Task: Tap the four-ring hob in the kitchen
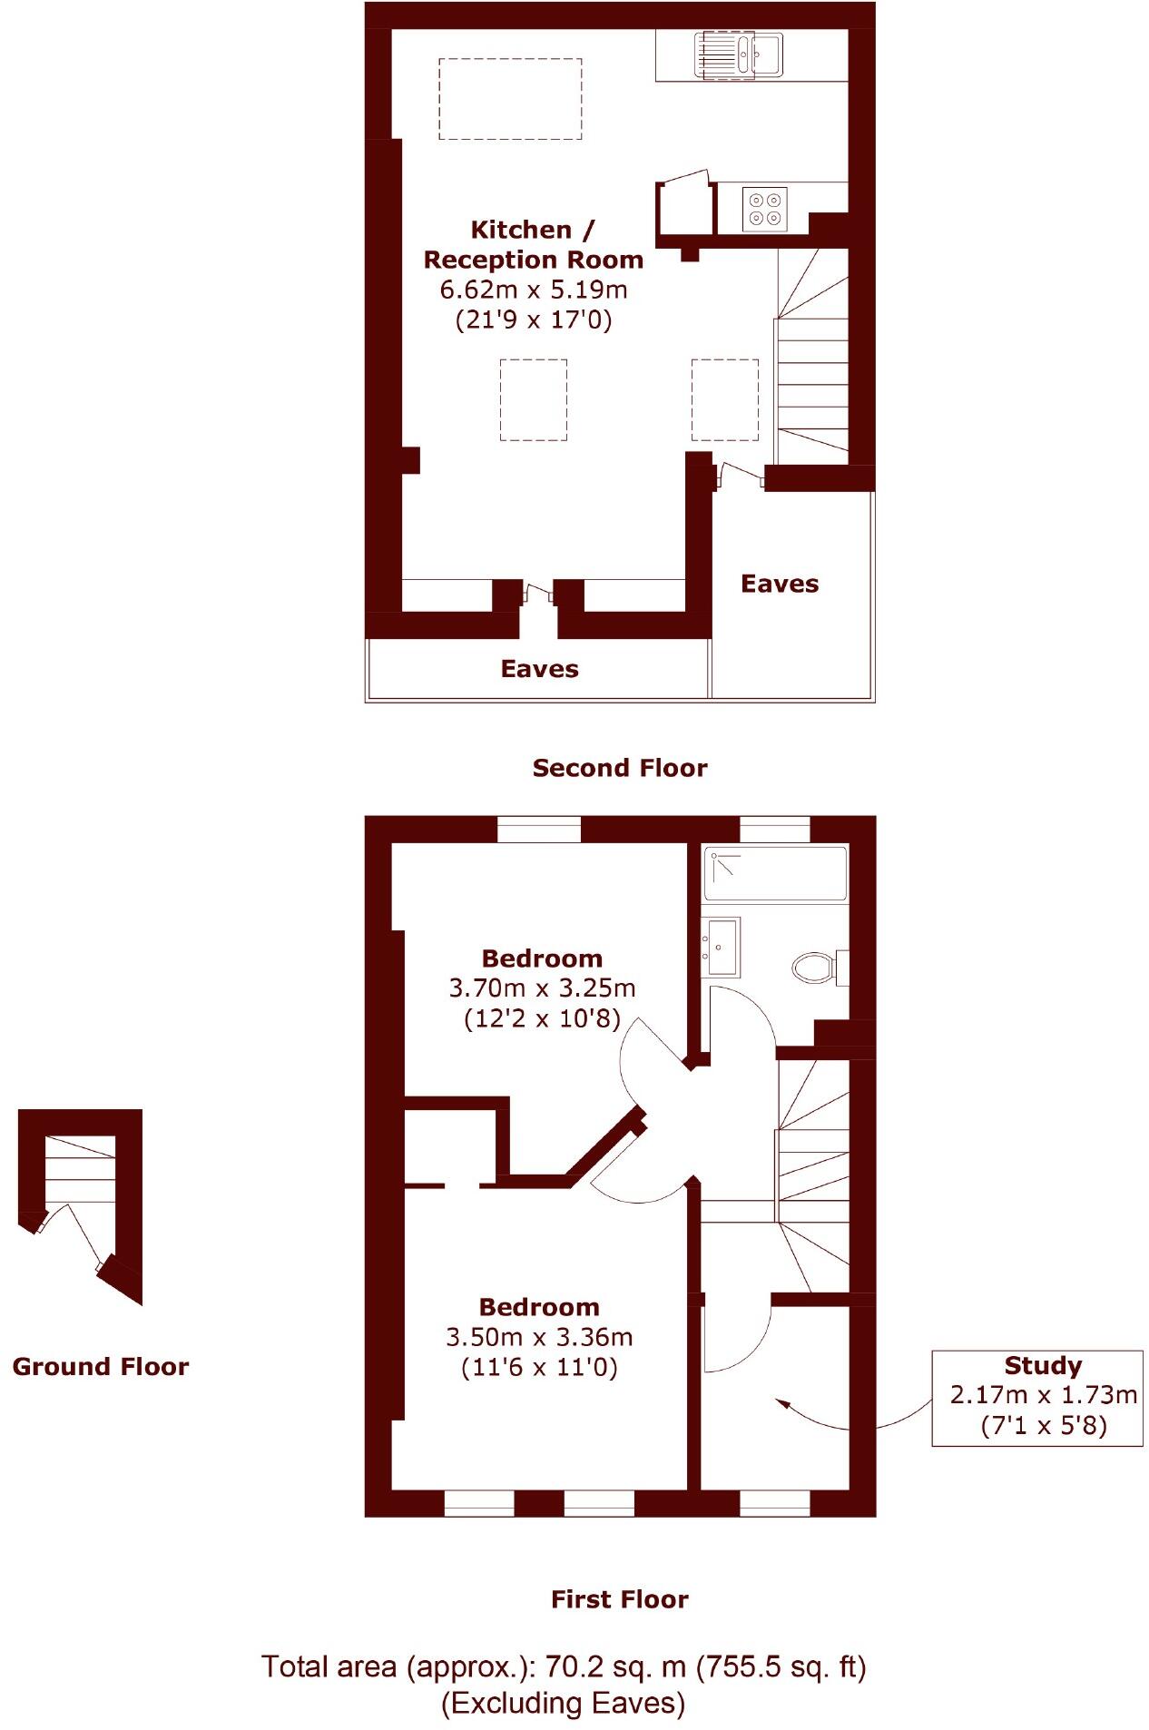(x=764, y=209)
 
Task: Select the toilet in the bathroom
(x=814, y=967)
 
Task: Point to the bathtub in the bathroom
(x=775, y=873)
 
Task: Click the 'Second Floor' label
(x=619, y=768)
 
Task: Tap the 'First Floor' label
(x=619, y=1598)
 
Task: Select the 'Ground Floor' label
(x=101, y=1366)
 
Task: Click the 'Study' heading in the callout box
(x=1043, y=1365)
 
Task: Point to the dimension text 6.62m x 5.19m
(x=534, y=290)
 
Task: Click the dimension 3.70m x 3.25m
(x=542, y=988)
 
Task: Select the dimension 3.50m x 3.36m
(x=539, y=1337)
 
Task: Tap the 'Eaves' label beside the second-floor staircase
(x=780, y=584)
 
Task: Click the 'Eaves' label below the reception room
(x=539, y=669)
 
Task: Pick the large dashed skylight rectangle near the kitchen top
(x=510, y=99)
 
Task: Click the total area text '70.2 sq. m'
(x=614, y=1666)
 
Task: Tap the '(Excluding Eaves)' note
(x=563, y=1703)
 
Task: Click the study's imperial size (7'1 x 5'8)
(x=1044, y=1425)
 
